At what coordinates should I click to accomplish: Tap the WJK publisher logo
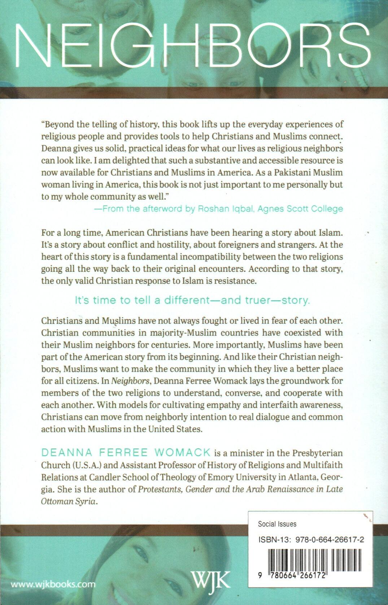[x=210, y=581]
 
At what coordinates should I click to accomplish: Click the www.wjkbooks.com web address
[x=53, y=584]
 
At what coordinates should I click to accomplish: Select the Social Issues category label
[x=277, y=524]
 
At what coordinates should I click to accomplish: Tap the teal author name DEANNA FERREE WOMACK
[x=126, y=452]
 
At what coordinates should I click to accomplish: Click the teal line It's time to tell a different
[x=192, y=300]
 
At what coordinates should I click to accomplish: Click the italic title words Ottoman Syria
[x=69, y=501]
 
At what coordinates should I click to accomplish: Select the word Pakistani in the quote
[x=293, y=172]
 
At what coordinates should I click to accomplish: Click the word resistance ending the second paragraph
[x=235, y=281]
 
